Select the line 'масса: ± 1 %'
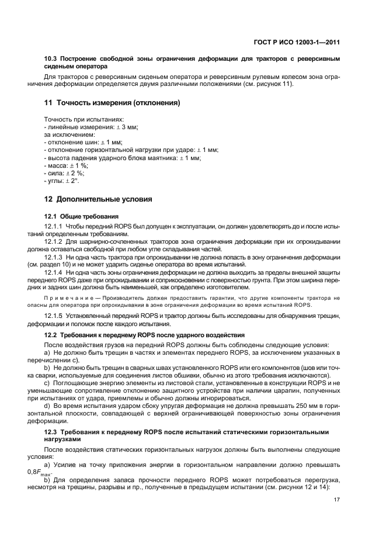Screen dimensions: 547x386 (x=66, y=165)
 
